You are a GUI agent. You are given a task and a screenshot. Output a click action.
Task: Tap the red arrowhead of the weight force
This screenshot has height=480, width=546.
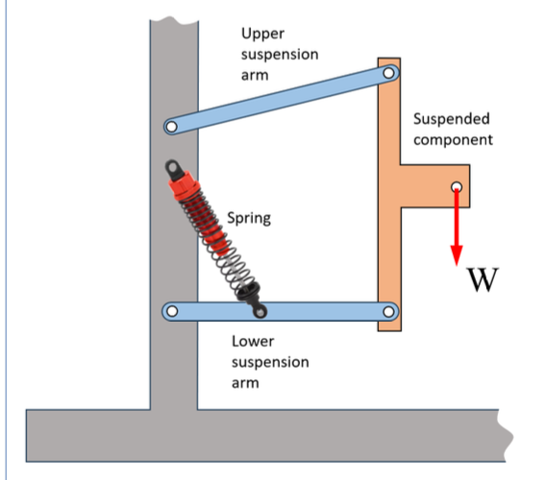(457, 253)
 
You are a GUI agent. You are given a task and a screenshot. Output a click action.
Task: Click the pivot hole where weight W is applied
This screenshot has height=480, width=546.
(457, 187)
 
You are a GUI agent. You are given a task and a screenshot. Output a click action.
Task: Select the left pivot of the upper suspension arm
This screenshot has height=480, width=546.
(172, 126)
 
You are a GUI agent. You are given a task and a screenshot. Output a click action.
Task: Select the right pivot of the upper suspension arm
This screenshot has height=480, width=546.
(388, 72)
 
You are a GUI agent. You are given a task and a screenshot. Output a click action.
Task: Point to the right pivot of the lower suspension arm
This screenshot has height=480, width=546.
(389, 311)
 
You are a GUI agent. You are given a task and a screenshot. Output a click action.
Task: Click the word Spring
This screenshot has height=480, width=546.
(248, 218)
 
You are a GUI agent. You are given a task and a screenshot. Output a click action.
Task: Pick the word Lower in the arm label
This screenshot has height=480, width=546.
(254, 341)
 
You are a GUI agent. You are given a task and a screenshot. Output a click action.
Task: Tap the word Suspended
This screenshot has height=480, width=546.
(451, 119)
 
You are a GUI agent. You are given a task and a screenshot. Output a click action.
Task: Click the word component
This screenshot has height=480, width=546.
(453, 139)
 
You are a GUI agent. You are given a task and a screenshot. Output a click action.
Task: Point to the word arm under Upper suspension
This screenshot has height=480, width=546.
(255, 75)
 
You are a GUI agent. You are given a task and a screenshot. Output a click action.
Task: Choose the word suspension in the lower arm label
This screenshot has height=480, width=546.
(270, 362)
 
